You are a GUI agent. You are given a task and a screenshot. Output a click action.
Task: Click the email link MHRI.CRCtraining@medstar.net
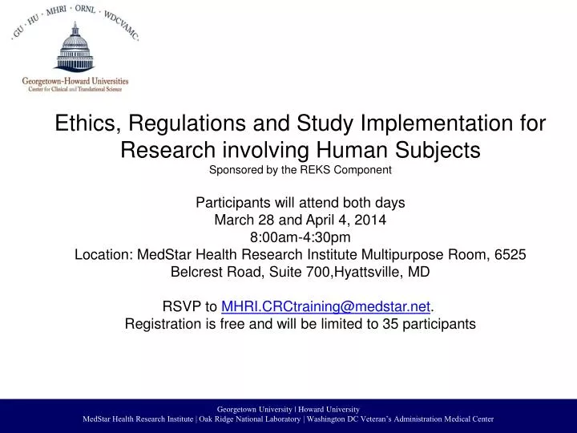click(x=325, y=306)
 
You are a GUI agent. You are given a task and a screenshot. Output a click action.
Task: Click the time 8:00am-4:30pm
click(x=288, y=237)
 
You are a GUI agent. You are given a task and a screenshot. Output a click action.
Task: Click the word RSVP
click(x=180, y=306)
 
